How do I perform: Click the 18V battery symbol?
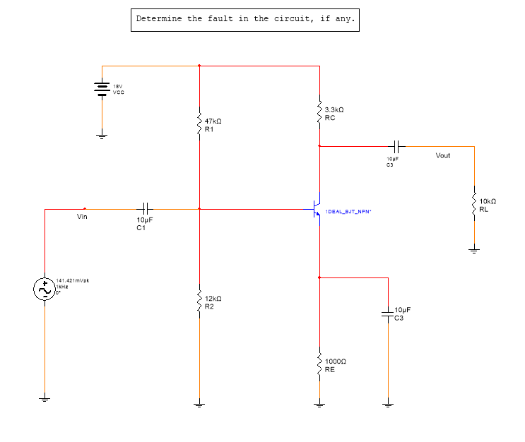coord(102,88)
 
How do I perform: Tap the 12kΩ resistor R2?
coord(200,303)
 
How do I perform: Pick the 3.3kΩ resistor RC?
coord(320,112)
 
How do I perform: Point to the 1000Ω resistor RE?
coord(320,364)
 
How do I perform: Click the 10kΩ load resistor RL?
coord(475,205)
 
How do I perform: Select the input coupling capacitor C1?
coord(146,209)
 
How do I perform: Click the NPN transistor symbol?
coord(317,209)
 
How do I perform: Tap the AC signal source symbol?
coord(45,289)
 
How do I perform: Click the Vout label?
coord(443,155)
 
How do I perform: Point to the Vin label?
coord(83,216)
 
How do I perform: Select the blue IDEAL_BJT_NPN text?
coord(348,212)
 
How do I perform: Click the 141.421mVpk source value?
coord(73,280)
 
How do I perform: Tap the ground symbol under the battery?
coord(102,136)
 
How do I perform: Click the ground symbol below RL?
coord(475,249)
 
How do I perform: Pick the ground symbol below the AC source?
coord(45,400)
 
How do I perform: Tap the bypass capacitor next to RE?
coord(387,312)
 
